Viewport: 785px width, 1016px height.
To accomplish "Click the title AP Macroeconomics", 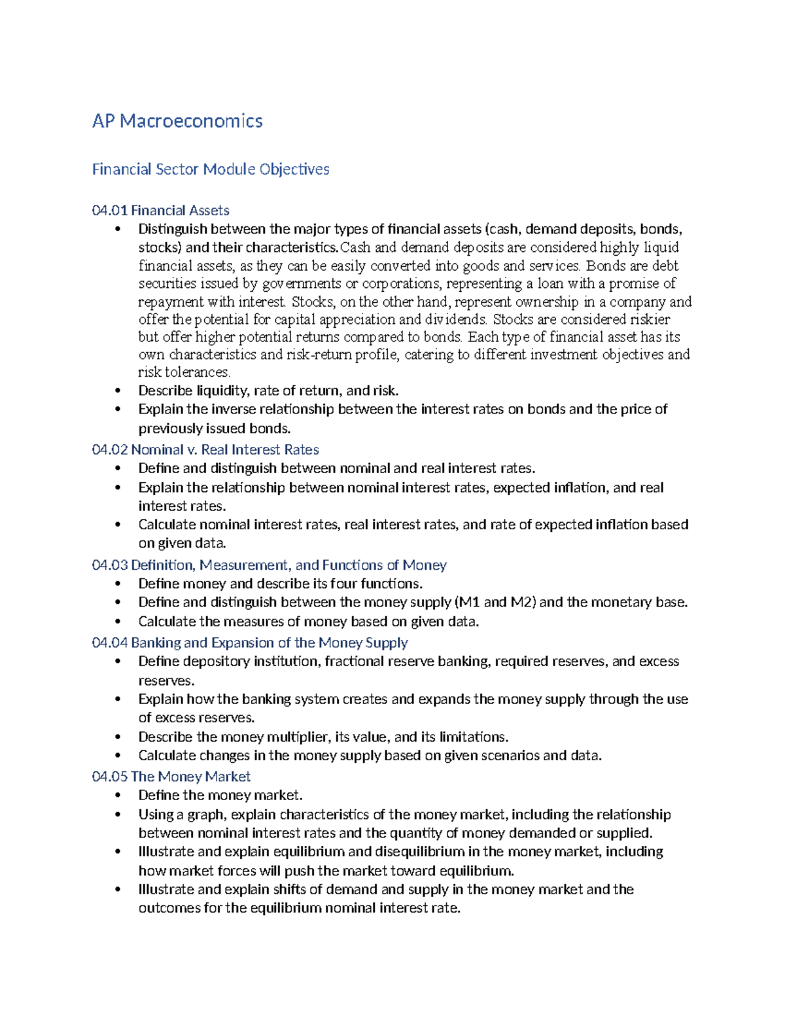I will click(x=177, y=121).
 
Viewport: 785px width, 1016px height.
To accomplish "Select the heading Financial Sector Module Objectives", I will click(x=210, y=169).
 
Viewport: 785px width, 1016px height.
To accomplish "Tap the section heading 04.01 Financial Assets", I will click(x=160, y=211).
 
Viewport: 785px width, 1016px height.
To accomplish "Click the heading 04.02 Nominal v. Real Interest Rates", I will click(x=205, y=449).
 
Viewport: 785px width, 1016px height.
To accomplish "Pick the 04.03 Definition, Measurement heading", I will click(x=269, y=565).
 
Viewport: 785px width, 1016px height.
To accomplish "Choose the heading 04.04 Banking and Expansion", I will click(x=249, y=642).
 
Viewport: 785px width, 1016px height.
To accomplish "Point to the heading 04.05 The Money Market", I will click(x=171, y=777).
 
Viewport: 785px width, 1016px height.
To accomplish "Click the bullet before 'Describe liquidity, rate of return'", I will click(x=118, y=391).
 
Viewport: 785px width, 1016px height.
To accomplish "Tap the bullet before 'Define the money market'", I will click(x=118, y=796).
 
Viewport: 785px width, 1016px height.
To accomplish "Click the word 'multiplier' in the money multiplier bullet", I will click(x=300, y=737).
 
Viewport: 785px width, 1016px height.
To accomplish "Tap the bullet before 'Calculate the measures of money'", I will click(x=118, y=622).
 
